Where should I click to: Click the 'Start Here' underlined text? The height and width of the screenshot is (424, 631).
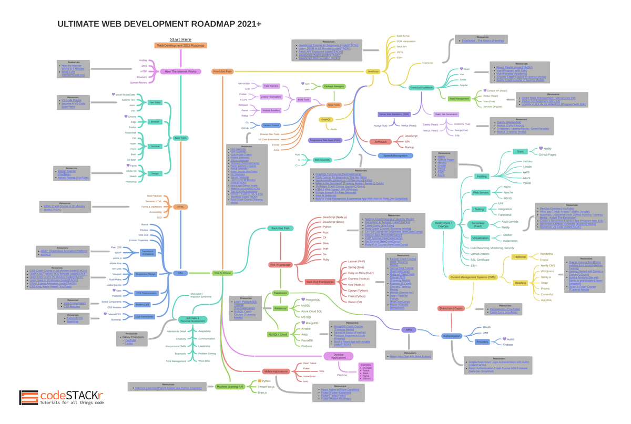[x=180, y=39]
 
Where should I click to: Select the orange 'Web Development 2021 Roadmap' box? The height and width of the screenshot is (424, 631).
[x=180, y=46]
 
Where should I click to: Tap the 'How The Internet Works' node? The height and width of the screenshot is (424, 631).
[x=180, y=71]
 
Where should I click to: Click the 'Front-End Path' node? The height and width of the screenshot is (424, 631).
[x=222, y=71]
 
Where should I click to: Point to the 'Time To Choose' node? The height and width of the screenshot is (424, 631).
[x=222, y=273]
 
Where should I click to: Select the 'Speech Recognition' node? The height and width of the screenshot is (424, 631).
[x=395, y=156]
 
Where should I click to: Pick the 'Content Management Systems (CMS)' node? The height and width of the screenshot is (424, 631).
[x=472, y=277]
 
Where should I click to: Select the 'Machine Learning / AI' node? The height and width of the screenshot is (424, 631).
[x=230, y=387]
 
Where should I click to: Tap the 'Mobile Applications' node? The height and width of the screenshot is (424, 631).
[x=276, y=371]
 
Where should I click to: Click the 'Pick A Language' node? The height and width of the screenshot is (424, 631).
[x=280, y=265]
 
